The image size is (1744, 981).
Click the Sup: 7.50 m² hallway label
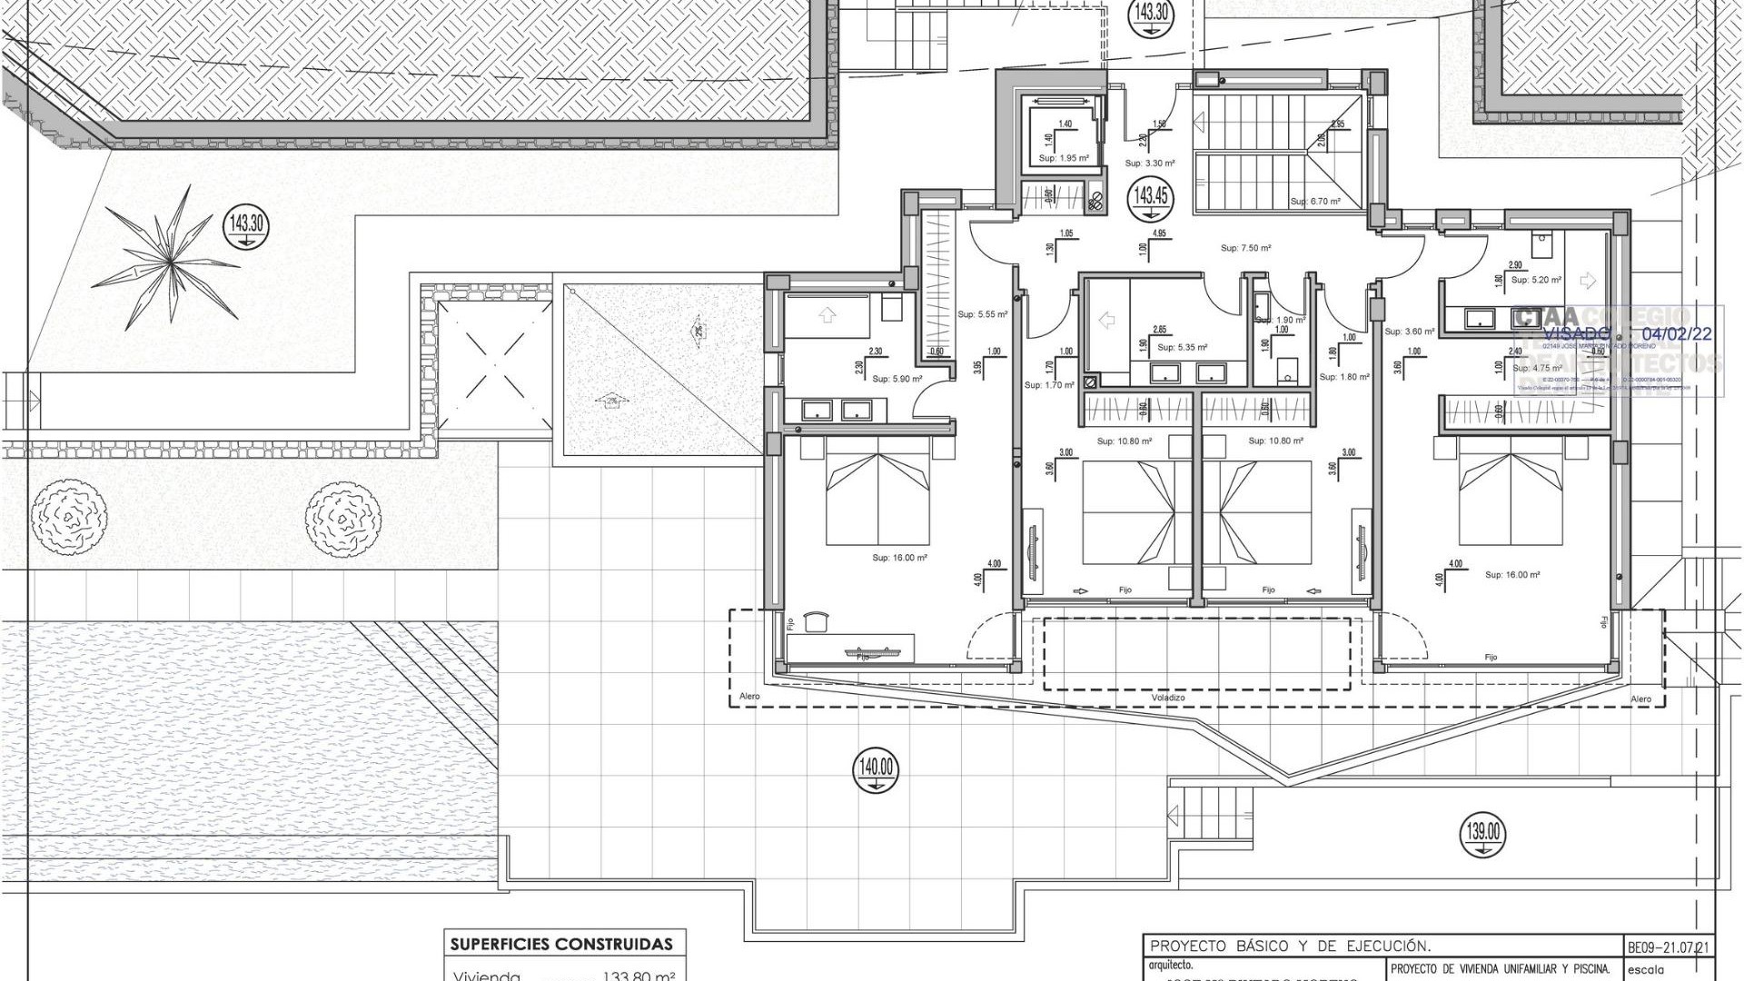1245,248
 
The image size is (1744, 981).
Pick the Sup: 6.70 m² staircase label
1314,202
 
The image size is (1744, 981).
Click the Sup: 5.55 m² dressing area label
982,314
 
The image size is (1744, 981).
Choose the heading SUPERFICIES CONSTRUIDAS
561,945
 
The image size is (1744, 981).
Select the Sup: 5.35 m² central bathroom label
1182,347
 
